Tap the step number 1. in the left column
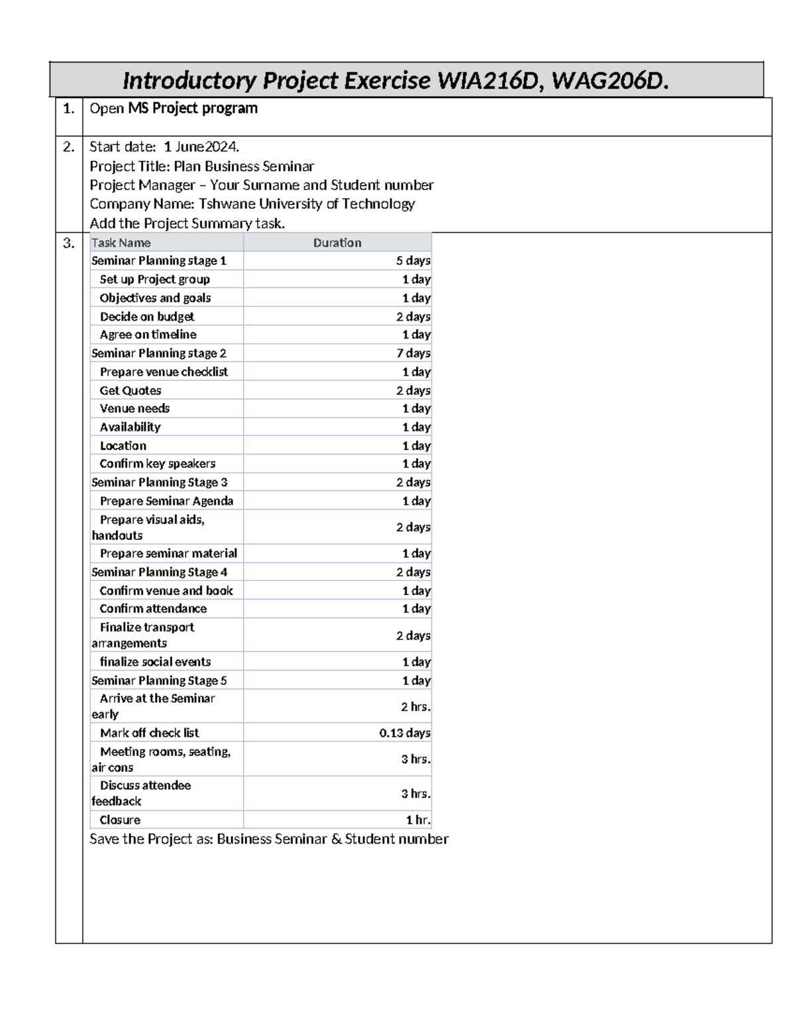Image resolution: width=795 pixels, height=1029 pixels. pyautogui.click(x=69, y=109)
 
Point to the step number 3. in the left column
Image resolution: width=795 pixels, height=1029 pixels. pyautogui.click(x=69, y=243)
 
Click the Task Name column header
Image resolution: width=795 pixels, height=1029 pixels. pyautogui.click(x=121, y=243)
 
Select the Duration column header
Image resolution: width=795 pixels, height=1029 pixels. pyautogui.click(x=337, y=243)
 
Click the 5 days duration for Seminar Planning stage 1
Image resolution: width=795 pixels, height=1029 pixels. pyautogui.click(x=413, y=261)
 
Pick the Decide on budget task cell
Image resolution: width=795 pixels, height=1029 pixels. pyautogui.click(x=147, y=317)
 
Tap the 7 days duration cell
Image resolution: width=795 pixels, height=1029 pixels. pyautogui.click(x=413, y=353)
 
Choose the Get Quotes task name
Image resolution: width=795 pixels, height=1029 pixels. pyautogui.click(x=131, y=391)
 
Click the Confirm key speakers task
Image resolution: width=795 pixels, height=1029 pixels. pyautogui.click(x=158, y=464)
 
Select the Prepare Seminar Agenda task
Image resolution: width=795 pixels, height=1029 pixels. pyautogui.click(x=166, y=501)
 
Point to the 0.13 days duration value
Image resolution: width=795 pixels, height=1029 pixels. pyautogui.click(x=405, y=733)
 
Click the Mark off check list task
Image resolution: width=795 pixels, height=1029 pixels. pyautogui.click(x=149, y=733)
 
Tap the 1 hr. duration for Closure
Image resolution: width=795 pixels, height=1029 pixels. pyautogui.click(x=418, y=820)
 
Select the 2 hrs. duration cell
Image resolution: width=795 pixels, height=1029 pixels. pyautogui.click(x=415, y=707)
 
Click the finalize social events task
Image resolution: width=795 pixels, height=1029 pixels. pyautogui.click(x=155, y=662)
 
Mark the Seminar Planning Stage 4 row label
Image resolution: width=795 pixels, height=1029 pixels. pyautogui.click(x=159, y=572)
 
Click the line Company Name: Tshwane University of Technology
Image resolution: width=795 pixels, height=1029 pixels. pyautogui.click(x=252, y=204)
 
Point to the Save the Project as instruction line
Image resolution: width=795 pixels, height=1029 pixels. pyautogui.click(x=268, y=839)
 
